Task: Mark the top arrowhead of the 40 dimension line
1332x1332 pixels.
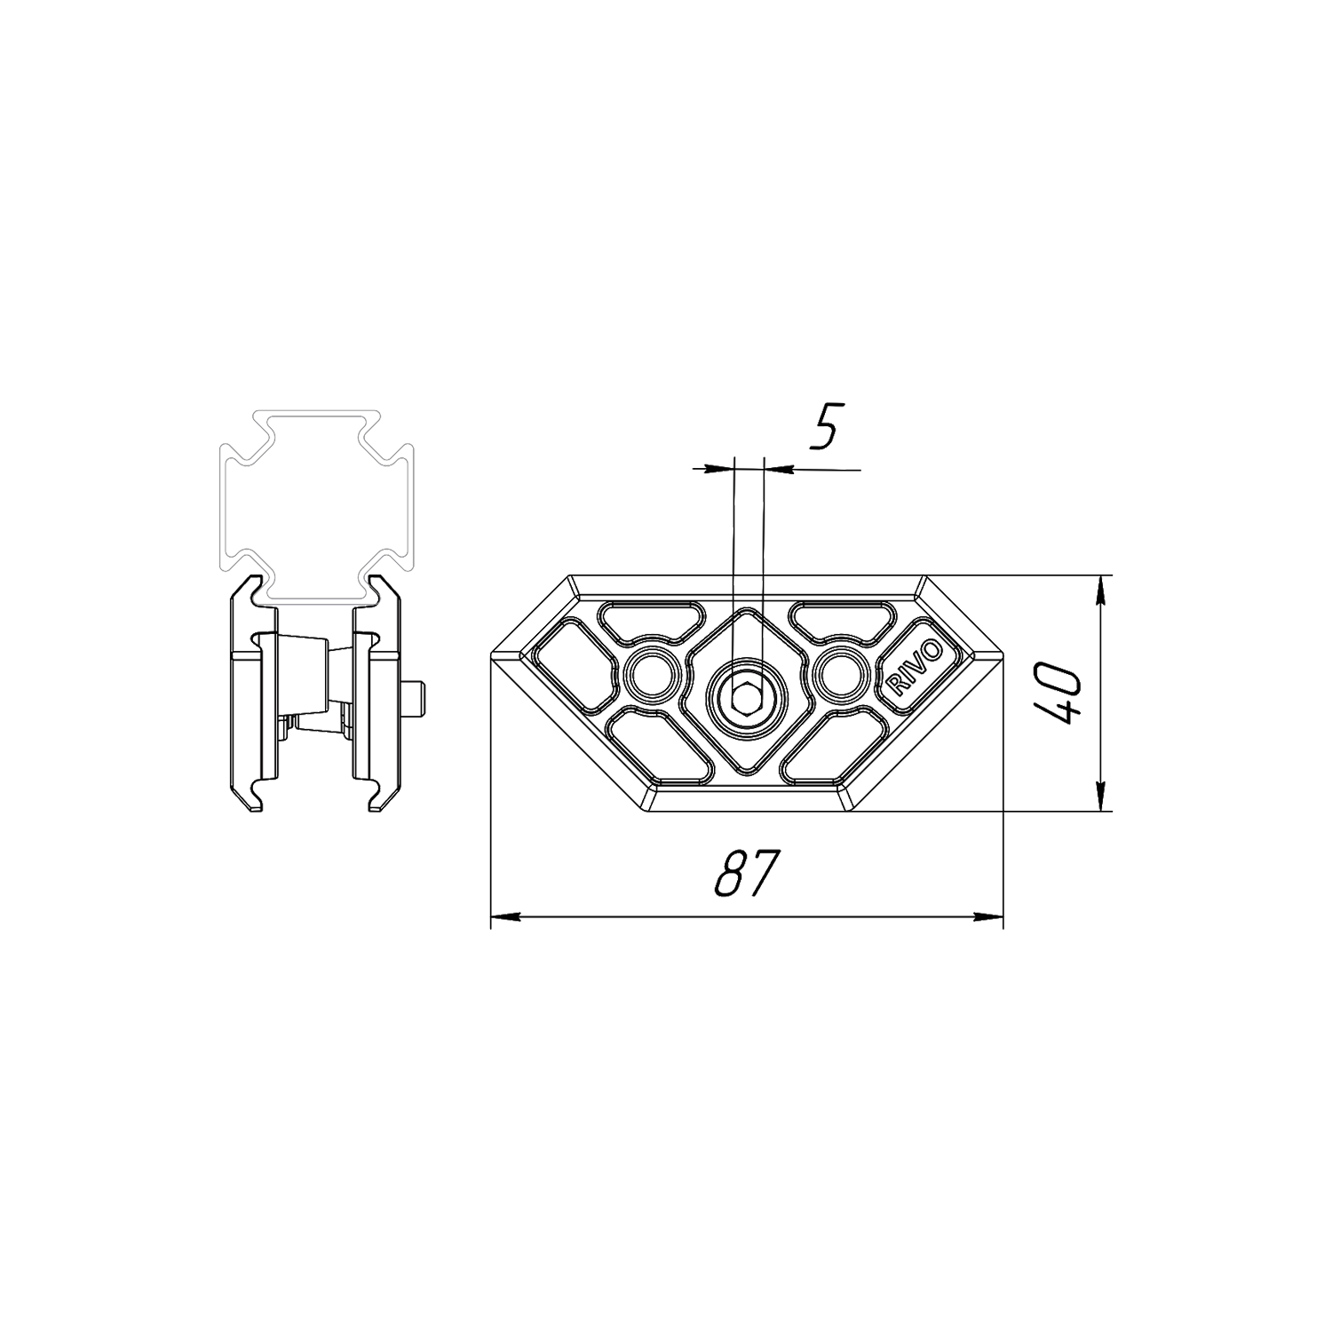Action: (x=1101, y=589)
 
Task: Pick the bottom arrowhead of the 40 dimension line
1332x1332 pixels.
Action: (x=1101, y=797)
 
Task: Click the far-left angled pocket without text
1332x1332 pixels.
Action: (x=575, y=666)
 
